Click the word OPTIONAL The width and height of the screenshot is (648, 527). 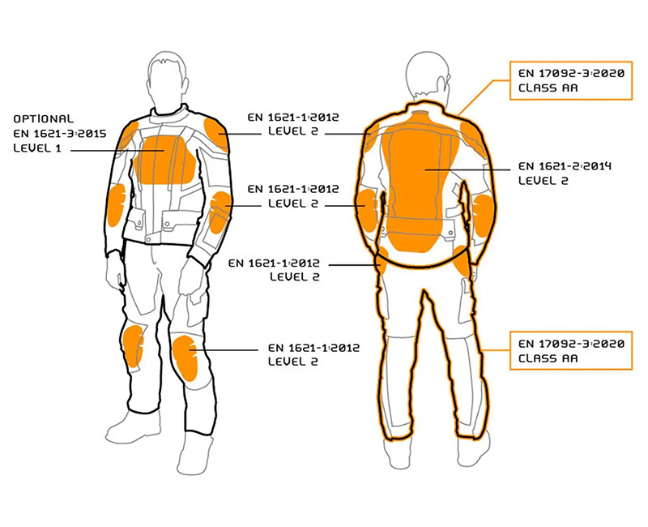pyautogui.click(x=44, y=119)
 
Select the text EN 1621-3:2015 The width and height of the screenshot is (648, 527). pyautogui.click(x=60, y=134)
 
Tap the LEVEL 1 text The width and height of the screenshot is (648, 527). pyautogui.click(x=37, y=148)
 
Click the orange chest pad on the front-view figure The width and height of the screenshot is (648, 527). pyautogui.click(x=164, y=159)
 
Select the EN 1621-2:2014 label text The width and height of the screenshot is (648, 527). pyautogui.click(x=565, y=166)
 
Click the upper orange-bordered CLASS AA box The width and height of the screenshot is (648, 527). pyautogui.click(x=571, y=80)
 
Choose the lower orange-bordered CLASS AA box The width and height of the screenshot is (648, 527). pyautogui.click(x=571, y=350)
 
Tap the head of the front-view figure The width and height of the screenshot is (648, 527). pyautogui.click(x=167, y=80)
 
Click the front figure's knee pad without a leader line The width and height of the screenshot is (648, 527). pyautogui.click(x=133, y=346)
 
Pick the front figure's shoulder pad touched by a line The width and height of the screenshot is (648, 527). pyautogui.click(x=216, y=134)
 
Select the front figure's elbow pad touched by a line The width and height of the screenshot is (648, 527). pyautogui.click(x=220, y=212)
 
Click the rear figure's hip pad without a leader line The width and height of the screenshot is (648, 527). pyautogui.click(x=462, y=261)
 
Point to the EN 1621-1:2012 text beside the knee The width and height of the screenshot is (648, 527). pyautogui.click(x=313, y=348)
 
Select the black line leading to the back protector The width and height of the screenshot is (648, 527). pyautogui.click(x=468, y=169)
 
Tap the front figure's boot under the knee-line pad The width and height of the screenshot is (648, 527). pyautogui.click(x=194, y=453)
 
